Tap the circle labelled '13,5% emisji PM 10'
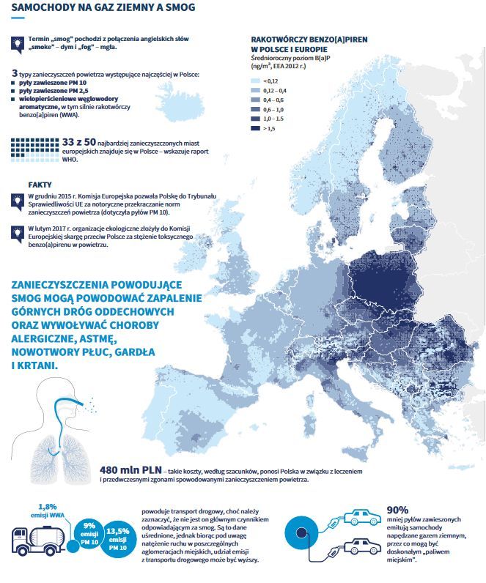(117, 539)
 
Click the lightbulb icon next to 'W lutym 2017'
(16, 233)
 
